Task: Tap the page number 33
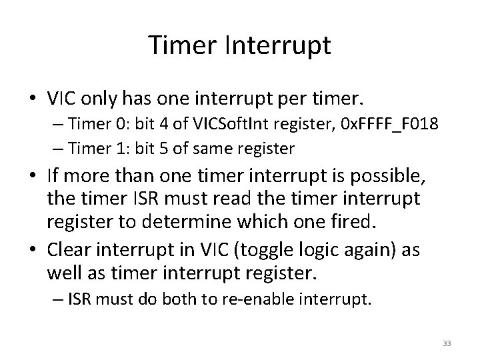446,343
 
